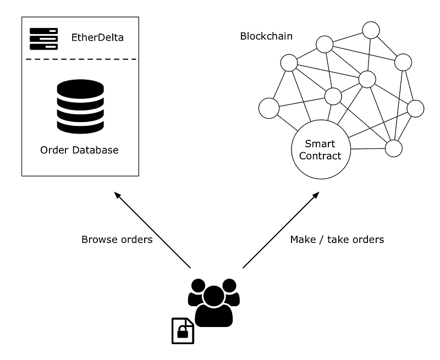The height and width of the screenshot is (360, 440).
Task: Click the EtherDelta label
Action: [x=97, y=38]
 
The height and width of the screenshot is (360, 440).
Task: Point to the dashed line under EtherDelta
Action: [x=80, y=59]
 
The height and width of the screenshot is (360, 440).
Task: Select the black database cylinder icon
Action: [x=80, y=107]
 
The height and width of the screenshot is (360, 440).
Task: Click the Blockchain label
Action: [x=266, y=36]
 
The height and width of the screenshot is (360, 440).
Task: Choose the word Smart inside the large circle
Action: [x=320, y=144]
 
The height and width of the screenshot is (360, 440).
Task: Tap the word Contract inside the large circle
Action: [x=320, y=156]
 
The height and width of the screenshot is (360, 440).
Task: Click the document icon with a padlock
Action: [x=183, y=331]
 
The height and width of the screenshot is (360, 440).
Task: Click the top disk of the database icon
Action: [x=80, y=88]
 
